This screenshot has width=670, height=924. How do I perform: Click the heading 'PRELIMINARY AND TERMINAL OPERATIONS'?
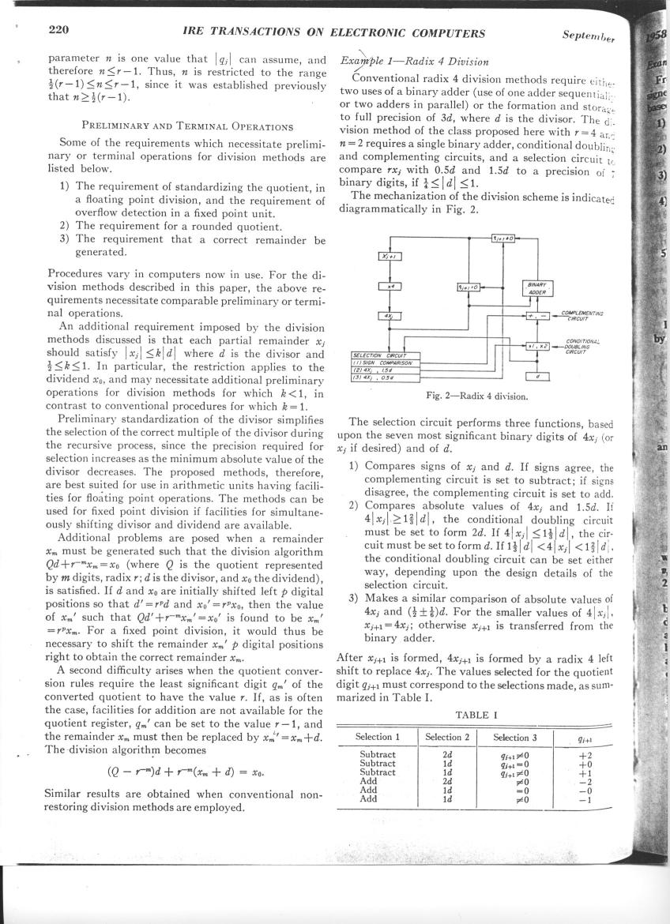point(189,126)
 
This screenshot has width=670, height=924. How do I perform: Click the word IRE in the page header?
point(196,32)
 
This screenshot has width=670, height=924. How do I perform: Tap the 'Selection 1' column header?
point(377,737)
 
